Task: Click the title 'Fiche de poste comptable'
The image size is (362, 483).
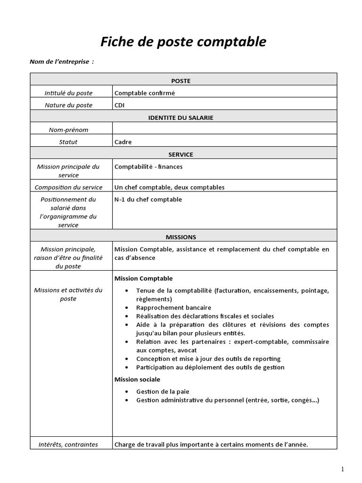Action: pyautogui.click(x=183, y=42)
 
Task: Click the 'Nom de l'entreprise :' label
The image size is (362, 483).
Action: pyautogui.click(x=62, y=62)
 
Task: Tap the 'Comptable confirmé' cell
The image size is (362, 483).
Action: pyautogui.click(x=145, y=93)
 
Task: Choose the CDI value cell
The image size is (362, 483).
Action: pyautogui.click(x=120, y=105)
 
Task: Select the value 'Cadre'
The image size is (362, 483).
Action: pyautogui.click(x=123, y=142)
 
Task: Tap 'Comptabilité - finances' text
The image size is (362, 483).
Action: pyautogui.click(x=148, y=167)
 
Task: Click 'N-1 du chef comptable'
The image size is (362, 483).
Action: pyautogui.click(x=148, y=200)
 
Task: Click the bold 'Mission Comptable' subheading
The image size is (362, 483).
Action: pyautogui.click(x=144, y=279)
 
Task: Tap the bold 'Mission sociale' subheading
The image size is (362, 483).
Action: pyautogui.click(x=137, y=379)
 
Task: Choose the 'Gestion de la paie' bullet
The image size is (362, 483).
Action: pyautogui.click(x=163, y=391)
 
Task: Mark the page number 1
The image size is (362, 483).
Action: pyautogui.click(x=343, y=469)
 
